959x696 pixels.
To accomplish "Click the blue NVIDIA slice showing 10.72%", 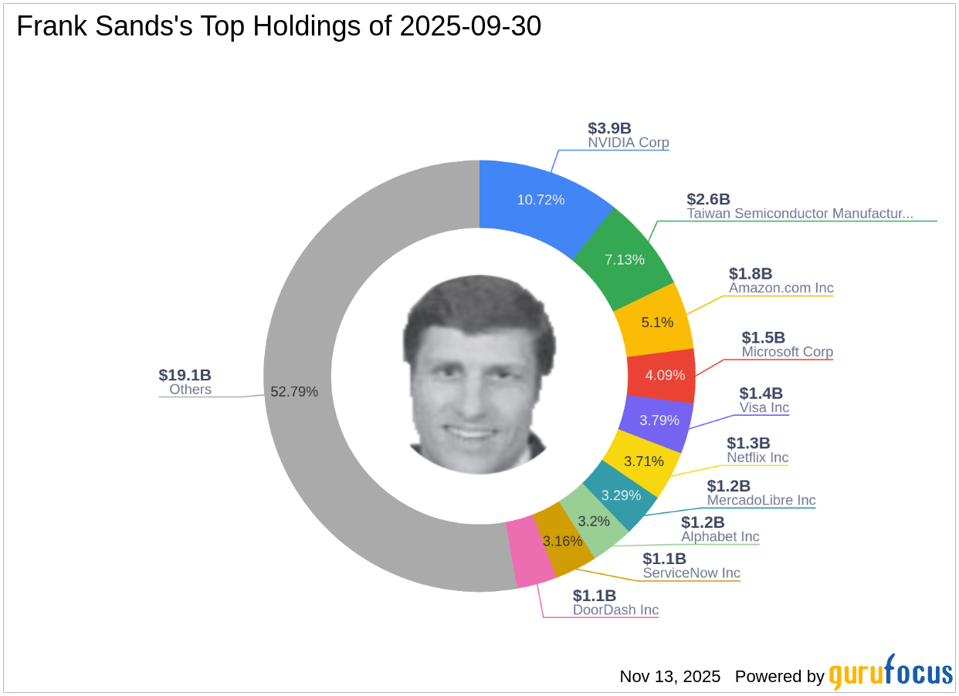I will tap(540, 200).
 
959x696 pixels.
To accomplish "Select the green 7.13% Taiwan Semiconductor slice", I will tap(625, 259).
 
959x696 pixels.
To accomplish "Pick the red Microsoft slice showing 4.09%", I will tap(664, 375).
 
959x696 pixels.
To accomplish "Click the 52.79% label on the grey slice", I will tap(294, 391).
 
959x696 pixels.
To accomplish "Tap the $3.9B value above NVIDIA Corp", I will tap(609, 128).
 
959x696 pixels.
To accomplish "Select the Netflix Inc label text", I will tap(757, 458).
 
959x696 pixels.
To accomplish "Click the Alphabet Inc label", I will tap(720, 536).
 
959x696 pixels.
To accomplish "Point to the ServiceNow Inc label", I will tap(691, 573).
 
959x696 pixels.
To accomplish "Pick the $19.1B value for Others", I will tap(185, 375).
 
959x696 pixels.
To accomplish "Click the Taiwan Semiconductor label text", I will tap(800, 213).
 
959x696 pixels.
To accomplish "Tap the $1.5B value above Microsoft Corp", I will tap(763, 337).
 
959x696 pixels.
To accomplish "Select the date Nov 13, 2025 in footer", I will tap(669, 677).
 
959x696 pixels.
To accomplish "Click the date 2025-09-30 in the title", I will tap(470, 26).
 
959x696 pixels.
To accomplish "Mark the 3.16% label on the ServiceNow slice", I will tap(562, 541).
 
